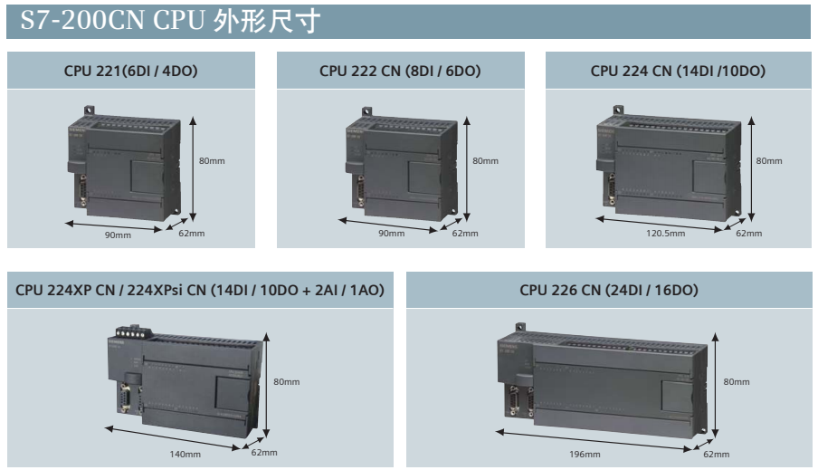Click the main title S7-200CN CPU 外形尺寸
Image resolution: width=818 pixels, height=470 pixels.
click(x=170, y=21)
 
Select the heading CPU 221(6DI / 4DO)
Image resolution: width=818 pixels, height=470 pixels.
click(x=131, y=71)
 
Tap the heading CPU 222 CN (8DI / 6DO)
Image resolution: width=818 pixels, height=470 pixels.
click(x=400, y=71)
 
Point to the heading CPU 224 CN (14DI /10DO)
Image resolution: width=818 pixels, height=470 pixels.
click(x=678, y=71)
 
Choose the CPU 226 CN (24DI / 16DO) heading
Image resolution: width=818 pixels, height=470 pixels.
click(x=609, y=291)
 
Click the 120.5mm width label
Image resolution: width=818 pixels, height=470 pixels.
click(x=666, y=234)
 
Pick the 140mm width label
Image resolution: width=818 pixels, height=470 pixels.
click(x=185, y=455)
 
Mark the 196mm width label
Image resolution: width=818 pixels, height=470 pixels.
click(x=585, y=455)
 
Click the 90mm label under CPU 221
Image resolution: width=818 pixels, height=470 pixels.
click(x=118, y=235)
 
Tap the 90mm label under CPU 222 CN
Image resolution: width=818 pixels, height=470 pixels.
click(x=391, y=234)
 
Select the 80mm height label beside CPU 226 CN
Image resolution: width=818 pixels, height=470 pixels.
click(x=736, y=382)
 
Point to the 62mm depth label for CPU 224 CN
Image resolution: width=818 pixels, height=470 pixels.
click(x=748, y=234)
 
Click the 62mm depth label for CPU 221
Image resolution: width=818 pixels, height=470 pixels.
click(x=192, y=234)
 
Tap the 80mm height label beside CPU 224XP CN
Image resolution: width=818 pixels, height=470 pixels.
click(x=287, y=382)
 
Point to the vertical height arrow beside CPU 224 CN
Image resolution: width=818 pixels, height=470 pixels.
click(x=751, y=169)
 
